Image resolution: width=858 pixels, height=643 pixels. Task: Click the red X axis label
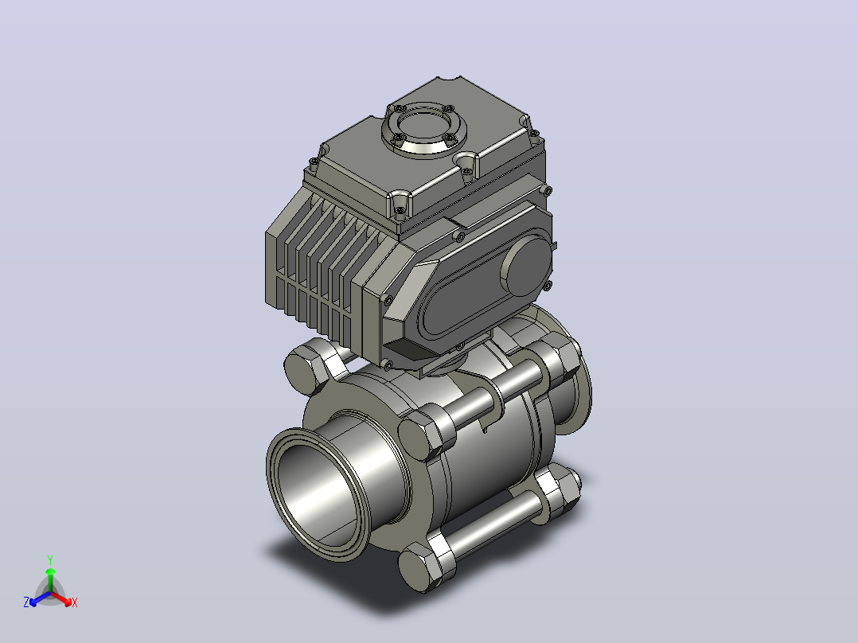pos(75,602)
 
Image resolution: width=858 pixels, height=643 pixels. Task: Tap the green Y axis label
pos(50,559)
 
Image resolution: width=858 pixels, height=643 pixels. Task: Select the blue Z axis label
pos(26,602)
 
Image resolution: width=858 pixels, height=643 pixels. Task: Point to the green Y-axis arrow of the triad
pos(50,580)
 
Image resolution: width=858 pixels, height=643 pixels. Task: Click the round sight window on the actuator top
pos(424,129)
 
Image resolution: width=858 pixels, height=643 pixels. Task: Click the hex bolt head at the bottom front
pos(420,568)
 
